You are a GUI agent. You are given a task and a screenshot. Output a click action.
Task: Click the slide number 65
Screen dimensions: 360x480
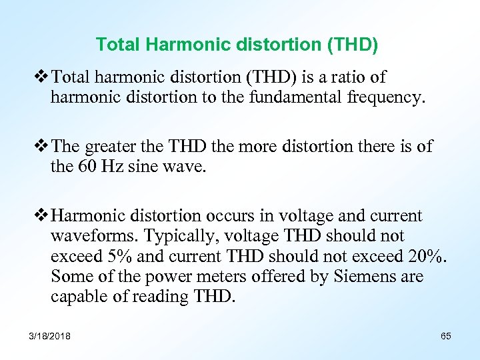[446, 336]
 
